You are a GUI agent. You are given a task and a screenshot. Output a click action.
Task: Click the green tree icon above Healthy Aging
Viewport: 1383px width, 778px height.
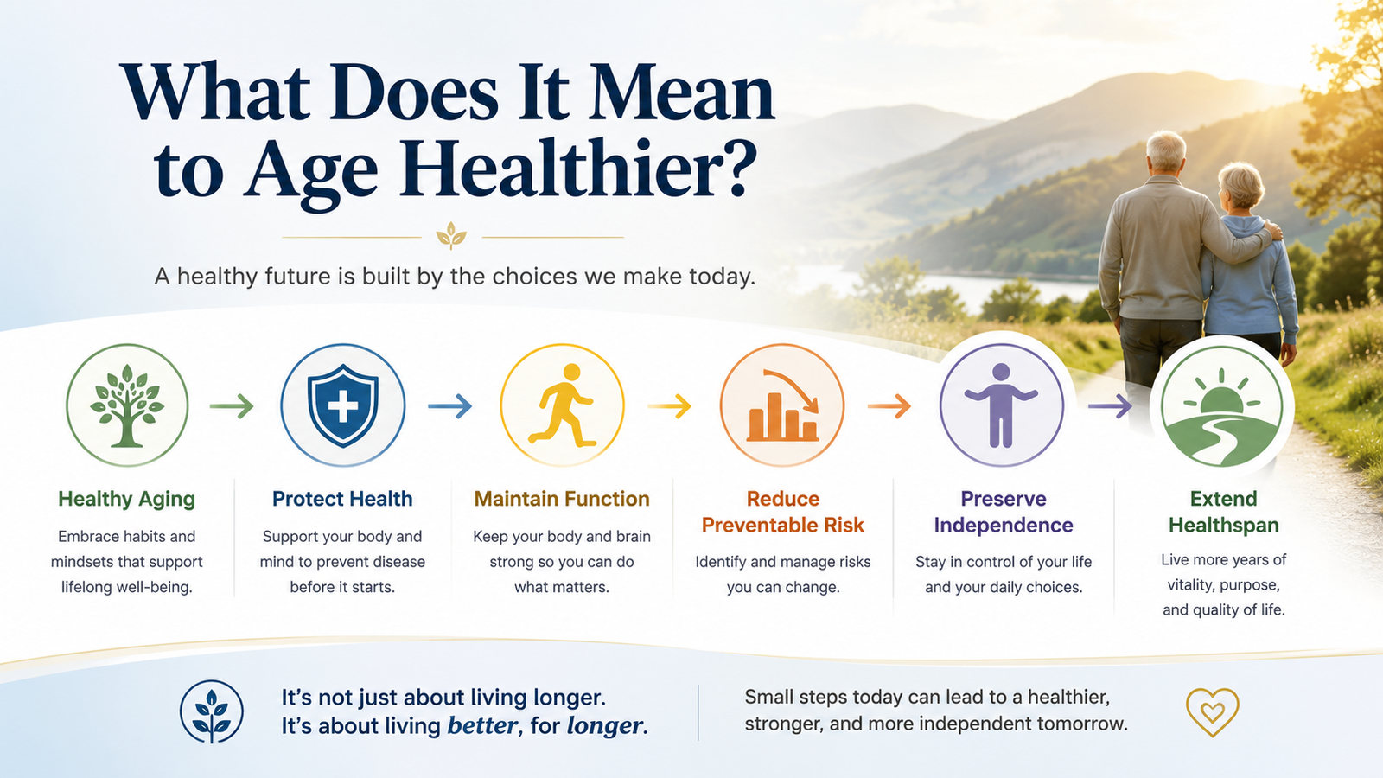(x=126, y=405)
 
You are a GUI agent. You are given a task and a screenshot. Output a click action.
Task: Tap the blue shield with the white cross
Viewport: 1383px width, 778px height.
(x=342, y=405)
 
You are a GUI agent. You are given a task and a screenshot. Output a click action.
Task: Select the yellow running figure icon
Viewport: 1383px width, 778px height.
(x=562, y=405)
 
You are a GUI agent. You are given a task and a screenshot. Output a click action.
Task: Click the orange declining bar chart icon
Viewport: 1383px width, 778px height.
(x=783, y=405)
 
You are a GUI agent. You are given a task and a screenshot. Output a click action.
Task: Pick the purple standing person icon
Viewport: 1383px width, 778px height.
(x=1001, y=405)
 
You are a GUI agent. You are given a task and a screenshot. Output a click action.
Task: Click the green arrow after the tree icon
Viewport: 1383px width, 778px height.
(x=232, y=405)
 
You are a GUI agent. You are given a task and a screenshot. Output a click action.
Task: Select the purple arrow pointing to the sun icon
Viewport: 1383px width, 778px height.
(x=1110, y=405)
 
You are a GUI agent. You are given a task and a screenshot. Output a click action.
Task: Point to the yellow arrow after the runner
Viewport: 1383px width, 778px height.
(x=669, y=405)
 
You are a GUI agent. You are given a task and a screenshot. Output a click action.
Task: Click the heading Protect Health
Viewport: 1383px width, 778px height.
(x=342, y=498)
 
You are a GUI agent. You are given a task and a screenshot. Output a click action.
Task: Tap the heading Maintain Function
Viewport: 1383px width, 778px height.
(x=562, y=498)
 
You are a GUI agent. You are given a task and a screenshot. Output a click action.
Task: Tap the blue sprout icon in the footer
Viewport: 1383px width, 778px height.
(x=211, y=712)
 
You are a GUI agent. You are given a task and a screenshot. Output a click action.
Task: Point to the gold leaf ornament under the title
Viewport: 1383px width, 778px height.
(x=451, y=236)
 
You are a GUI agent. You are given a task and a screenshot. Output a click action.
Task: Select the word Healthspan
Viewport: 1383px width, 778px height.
(x=1224, y=525)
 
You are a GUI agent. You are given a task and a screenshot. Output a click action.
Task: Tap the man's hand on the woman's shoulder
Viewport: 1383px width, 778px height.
(x=1272, y=230)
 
